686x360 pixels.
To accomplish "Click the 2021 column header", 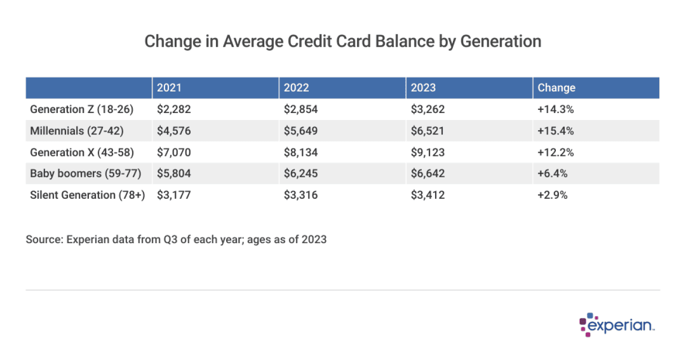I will (169, 88).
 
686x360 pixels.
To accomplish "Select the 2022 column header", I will (296, 88).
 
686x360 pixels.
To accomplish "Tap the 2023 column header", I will (423, 88).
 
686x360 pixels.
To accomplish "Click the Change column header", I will (556, 88).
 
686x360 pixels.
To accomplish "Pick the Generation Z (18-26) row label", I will (81, 109).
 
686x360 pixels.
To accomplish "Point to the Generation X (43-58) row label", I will (81, 152).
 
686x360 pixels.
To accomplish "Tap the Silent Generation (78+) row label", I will (87, 195).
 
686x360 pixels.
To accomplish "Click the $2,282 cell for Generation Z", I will (174, 109).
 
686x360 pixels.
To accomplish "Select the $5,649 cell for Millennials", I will (301, 131).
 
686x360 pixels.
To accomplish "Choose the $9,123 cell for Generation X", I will (428, 152).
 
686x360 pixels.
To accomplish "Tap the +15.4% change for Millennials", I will (555, 131).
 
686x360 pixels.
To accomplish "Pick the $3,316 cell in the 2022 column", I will (301, 195).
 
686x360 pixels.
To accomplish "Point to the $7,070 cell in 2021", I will (174, 152).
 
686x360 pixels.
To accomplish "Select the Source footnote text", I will (176, 239).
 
